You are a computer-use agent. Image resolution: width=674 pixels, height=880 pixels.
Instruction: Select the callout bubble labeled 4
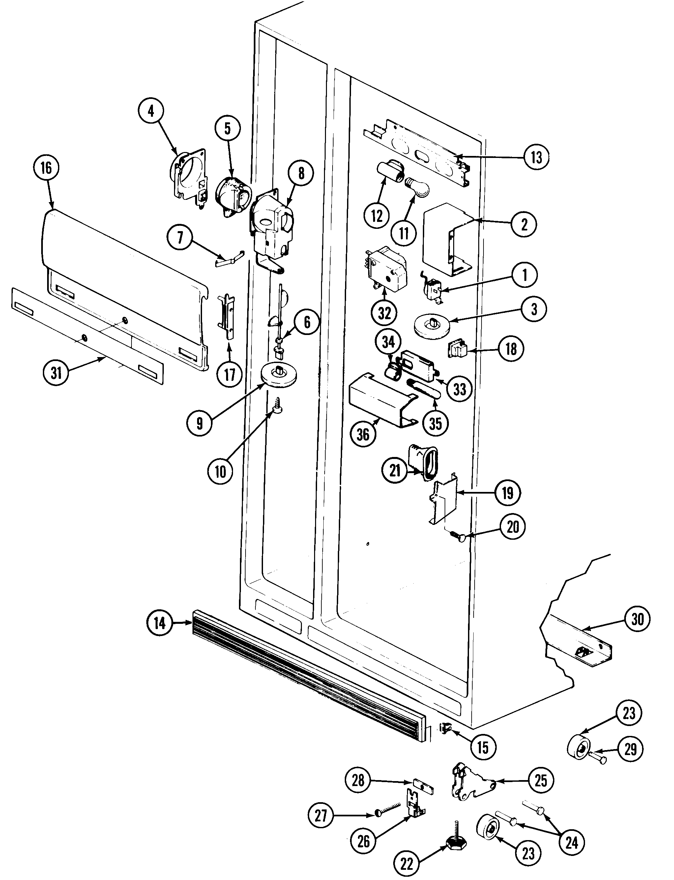pyautogui.click(x=151, y=111)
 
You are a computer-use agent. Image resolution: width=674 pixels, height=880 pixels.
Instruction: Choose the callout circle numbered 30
pyautogui.click(x=637, y=619)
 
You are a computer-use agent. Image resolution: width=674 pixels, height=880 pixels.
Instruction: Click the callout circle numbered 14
pyautogui.click(x=160, y=623)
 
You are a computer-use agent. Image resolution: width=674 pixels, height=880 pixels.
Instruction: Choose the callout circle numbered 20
pyautogui.click(x=513, y=527)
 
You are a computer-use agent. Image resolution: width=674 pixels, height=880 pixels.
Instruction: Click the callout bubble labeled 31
pyautogui.click(x=56, y=373)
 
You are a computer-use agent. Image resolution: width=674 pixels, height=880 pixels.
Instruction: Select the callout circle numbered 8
pyautogui.click(x=301, y=173)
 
